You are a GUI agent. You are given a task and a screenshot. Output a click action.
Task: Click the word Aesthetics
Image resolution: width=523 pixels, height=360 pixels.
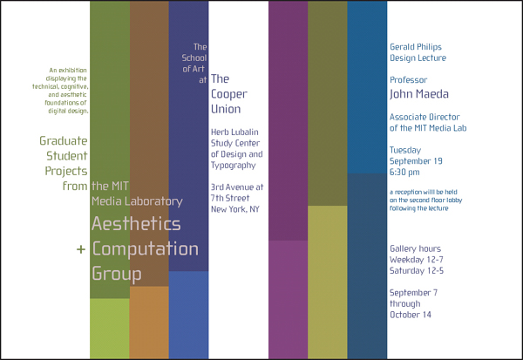[x=136, y=223]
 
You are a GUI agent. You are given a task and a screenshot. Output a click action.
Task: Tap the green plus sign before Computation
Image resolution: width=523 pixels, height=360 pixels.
[x=81, y=249]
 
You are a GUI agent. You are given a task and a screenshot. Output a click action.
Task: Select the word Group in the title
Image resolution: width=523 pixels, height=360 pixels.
[x=117, y=274]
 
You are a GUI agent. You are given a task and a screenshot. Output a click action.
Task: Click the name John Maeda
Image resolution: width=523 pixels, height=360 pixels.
[x=419, y=94]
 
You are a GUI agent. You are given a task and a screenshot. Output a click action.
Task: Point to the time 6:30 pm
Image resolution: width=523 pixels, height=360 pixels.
[x=404, y=173]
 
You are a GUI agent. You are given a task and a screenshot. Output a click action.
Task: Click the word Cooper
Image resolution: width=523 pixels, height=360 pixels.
[x=228, y=94]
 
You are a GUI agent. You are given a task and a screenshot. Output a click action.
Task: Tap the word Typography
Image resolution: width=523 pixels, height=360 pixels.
[x=233, y=165]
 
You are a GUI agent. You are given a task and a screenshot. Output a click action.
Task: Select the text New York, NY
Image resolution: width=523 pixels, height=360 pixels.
[x=235, y=209]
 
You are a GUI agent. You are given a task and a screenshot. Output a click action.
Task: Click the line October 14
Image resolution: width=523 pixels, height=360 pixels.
[x=411, y=315]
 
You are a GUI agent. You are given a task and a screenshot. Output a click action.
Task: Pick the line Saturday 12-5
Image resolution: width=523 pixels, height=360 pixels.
[x=417, y=270]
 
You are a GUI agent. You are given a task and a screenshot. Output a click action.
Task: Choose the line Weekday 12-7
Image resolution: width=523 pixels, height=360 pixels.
[x=417, y=260]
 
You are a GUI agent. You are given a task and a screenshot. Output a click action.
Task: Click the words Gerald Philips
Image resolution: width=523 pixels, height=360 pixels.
[x=416, y=47]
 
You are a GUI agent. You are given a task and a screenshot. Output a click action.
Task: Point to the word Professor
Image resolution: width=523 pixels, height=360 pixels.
[x=408, y=80]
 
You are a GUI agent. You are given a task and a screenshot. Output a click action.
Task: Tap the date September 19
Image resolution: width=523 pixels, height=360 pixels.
[x=416, y=161]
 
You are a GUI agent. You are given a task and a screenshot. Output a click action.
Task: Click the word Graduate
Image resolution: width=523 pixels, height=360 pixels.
[x=64, y=141]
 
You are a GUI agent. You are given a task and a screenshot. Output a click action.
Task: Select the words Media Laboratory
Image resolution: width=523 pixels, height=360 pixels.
[x=137, y=201]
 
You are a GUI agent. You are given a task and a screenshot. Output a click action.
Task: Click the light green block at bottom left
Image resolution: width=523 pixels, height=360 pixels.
[x=110, y=329]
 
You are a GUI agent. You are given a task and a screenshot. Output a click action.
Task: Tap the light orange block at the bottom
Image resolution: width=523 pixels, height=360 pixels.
[x=149, y=323]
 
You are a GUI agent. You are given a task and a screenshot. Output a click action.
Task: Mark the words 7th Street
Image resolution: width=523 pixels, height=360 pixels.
[x=230, y=198]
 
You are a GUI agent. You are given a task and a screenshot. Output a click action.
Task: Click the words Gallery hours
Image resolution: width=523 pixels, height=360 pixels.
[x=415, y=249]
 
